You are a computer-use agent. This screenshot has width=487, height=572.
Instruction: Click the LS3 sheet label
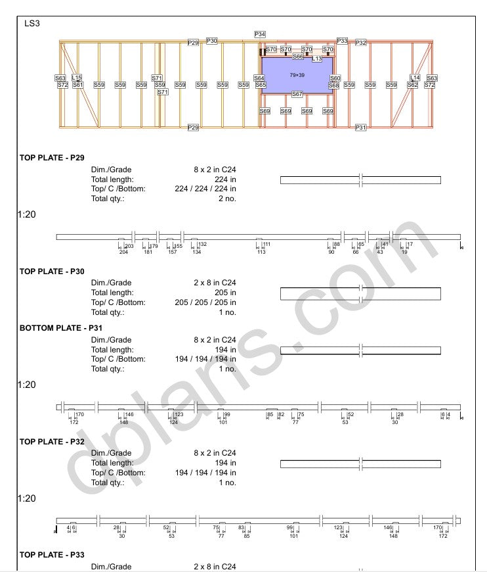coord(32,24)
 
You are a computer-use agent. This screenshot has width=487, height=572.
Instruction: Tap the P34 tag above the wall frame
coord(260,34)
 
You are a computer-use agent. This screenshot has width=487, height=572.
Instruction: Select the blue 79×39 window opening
coord(297,76)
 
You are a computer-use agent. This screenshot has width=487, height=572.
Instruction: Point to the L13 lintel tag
coord(317,59)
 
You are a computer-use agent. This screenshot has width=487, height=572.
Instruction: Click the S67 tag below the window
coord(297,94)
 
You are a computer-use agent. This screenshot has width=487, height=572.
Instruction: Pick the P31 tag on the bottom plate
coord(360,128)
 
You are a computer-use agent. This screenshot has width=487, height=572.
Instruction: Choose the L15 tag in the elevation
coord(77,78)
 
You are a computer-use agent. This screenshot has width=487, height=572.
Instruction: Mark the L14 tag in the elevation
coord(415,78)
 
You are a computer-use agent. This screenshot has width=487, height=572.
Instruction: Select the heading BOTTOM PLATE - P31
coord(61,328)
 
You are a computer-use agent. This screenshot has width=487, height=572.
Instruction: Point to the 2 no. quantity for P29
coord(227,198)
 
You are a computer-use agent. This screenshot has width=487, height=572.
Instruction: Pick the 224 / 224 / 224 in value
coord(205,189)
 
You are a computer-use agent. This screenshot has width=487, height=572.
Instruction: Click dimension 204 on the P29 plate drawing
coord(123,252)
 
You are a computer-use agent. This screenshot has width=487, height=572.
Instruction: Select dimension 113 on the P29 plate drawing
coord(261,252)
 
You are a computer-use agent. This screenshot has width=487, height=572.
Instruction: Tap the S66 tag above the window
coord(298,57)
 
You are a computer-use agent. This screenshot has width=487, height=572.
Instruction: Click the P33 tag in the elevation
coord(342,41)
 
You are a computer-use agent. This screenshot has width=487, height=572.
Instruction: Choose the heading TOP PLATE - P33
coord(52,555)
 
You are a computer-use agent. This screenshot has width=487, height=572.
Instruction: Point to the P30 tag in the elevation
coord(212,41)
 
